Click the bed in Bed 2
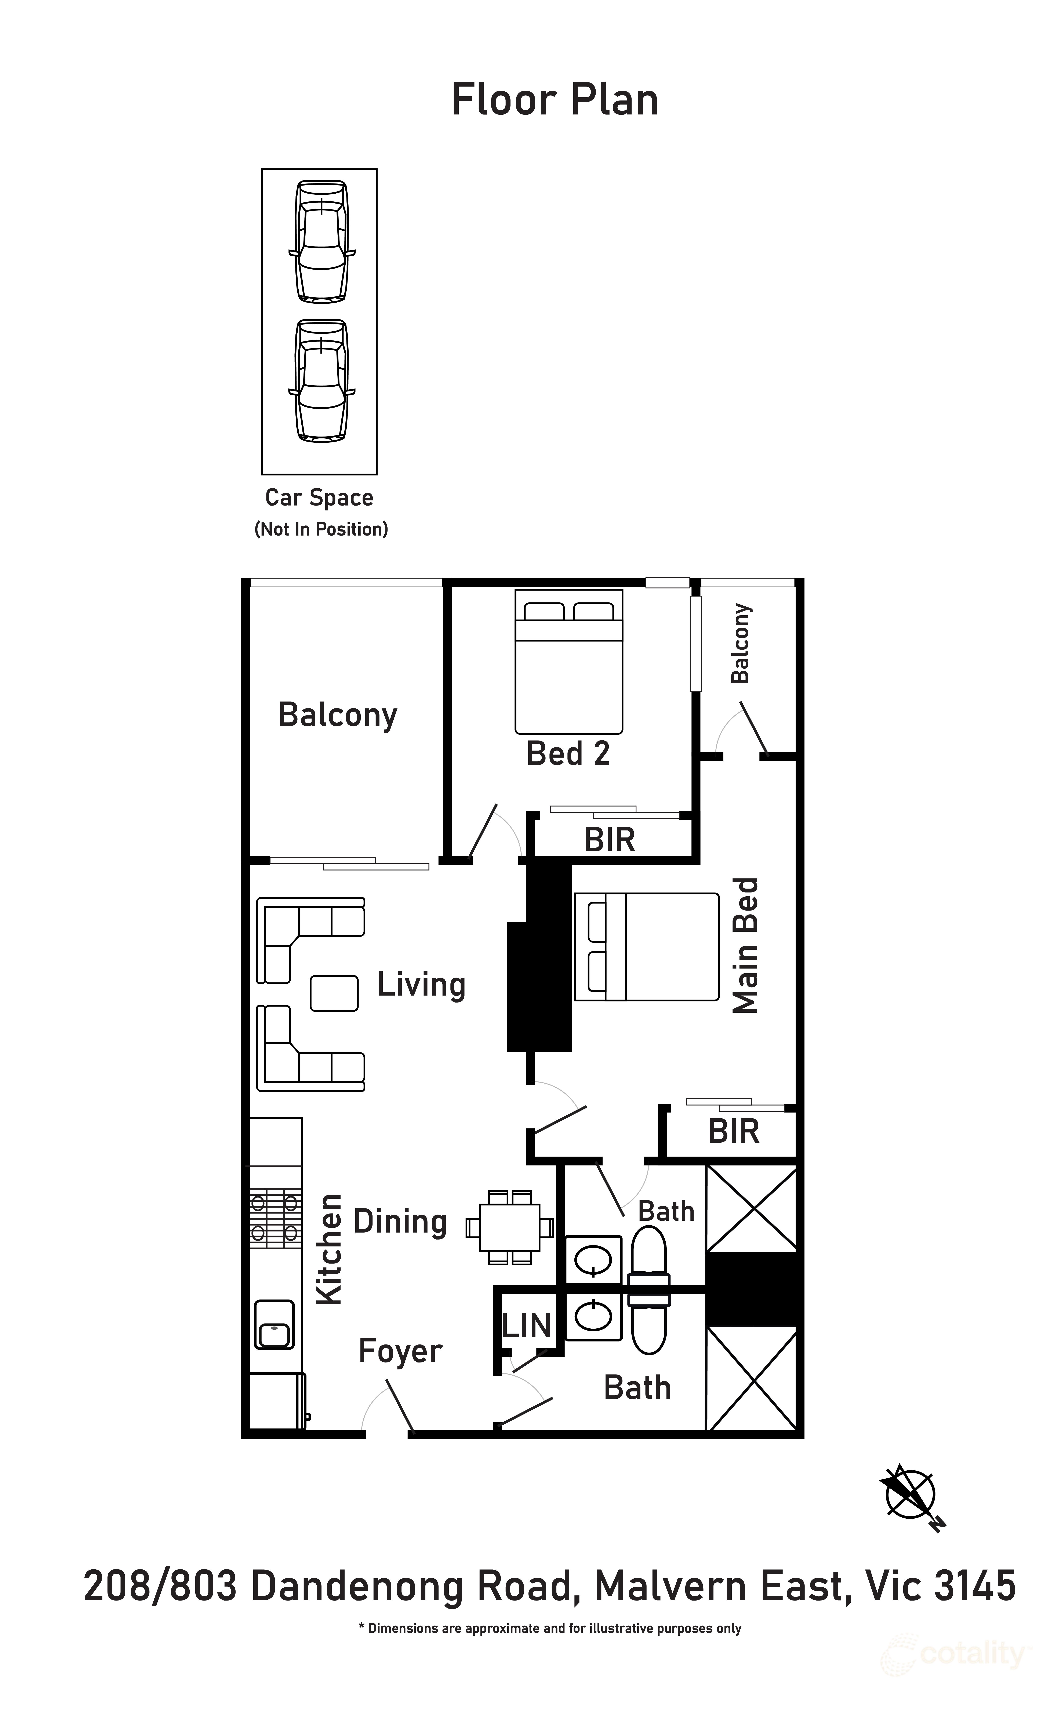click(568, 661)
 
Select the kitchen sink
click(274, 1324)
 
